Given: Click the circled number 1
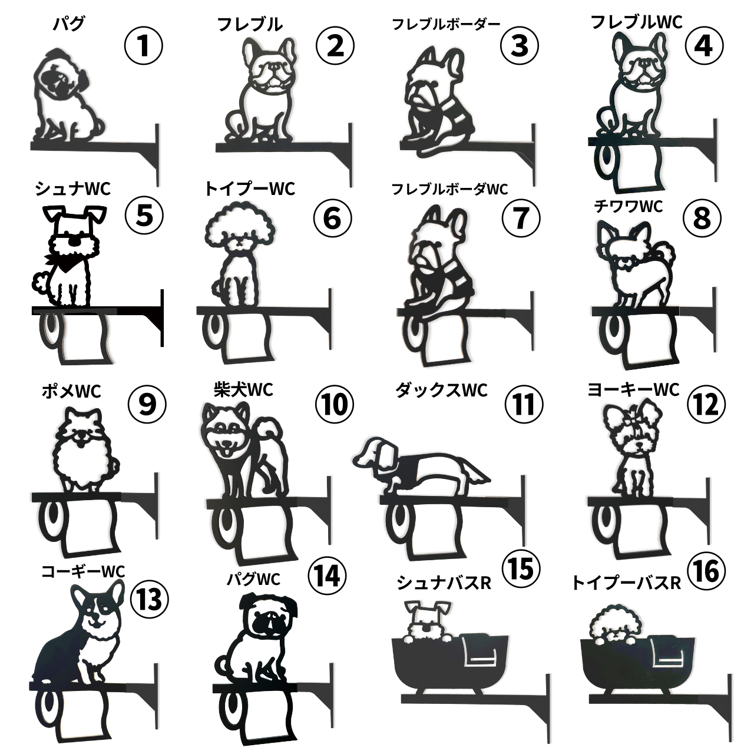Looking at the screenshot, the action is click(x=143, y=46).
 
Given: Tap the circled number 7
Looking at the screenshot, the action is click(x=521, y=218).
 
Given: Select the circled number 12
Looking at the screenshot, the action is click(x=707, y=404).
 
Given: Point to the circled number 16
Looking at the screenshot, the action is click(x=707, y=570).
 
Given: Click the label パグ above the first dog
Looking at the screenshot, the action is click(x=68, y=24).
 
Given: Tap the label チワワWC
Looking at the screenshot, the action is click(x=629, y=206).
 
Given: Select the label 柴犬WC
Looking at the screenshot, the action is click(x=243, y=390).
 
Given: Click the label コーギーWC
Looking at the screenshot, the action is click(x=83, y=572).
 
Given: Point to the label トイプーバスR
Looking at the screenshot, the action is click(x=626, y=583).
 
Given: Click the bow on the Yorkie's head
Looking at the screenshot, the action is click(x=633, y=422).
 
